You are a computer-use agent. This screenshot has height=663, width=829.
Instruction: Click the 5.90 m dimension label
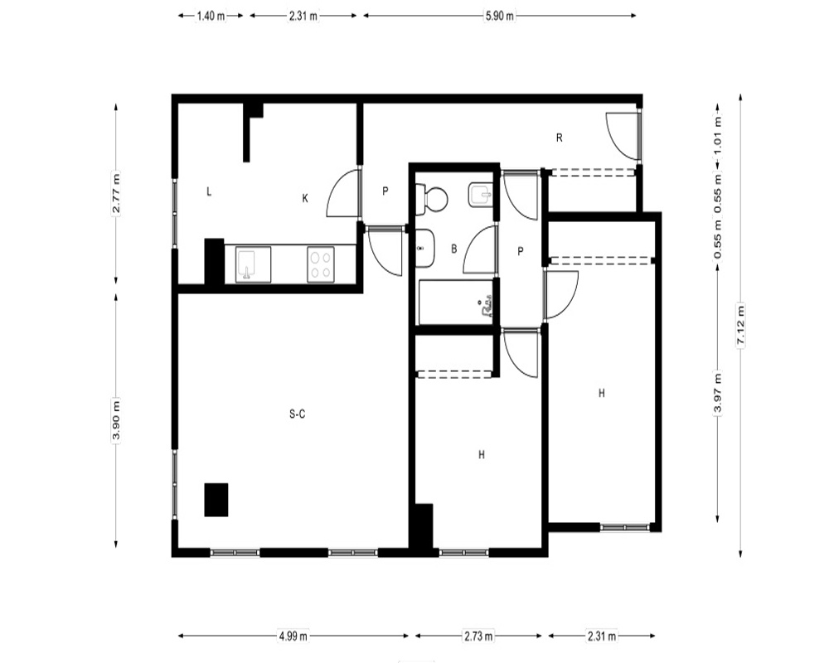tap(500, 16)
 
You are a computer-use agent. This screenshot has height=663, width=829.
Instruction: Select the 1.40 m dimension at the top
tap(211, 16)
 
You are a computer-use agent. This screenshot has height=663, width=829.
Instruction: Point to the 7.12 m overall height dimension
tap(740, 325)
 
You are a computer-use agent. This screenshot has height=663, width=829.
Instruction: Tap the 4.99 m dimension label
tap(293, 636)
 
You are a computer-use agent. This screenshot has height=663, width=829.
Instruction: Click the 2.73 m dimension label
tap(479, 636)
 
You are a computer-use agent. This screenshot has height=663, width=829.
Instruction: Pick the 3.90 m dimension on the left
tap(116, 420)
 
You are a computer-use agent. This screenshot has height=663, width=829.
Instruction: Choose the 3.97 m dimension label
tap(717, 394)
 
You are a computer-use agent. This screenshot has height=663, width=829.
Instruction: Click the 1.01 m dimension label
tap(717, 137)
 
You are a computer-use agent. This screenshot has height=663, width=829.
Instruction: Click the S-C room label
tap(297, 414)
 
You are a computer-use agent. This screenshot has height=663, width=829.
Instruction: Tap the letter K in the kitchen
tap(305, 198)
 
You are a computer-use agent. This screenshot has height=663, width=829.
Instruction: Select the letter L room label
tap(209, 191)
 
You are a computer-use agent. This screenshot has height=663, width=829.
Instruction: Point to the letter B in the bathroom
tap(453, 249)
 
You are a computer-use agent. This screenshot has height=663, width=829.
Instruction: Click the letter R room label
tap(560, 138)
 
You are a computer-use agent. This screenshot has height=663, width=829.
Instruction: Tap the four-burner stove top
tap(321, 264)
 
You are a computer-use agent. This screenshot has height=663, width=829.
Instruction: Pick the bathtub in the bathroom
tap(456, 302)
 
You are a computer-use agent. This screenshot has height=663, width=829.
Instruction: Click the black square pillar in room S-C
tap(216, 500)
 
